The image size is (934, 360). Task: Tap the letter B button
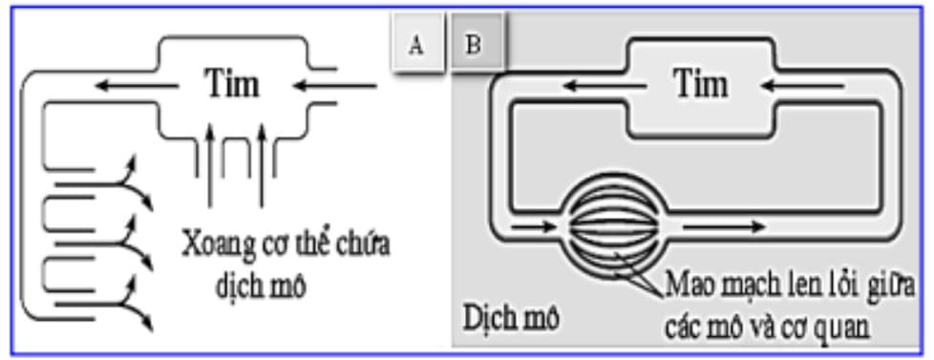pyautogui.click(x=475, y=45)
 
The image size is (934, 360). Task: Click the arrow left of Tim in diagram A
pyautogui.click(x=139, y=87)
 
